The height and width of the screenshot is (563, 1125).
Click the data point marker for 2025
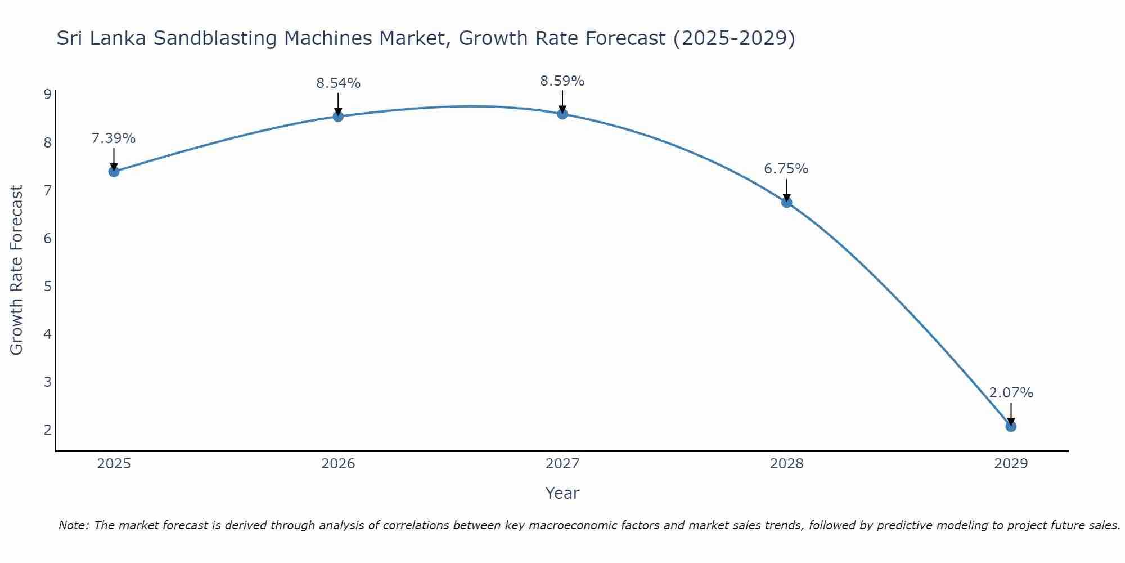coord(114,172)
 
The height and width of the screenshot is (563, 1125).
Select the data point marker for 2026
coord(338,117)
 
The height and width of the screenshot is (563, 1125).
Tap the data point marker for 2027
coord(562,114)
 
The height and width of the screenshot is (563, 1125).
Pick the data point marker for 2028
coord(786,203)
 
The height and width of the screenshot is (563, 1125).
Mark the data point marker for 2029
coord(1011,427)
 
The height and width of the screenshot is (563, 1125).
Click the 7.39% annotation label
coord(114,138)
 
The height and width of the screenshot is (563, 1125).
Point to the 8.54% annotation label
coord(338,83)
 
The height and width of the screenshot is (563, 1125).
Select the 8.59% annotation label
coord(562,81)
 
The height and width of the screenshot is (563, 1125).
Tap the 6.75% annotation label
coord(786,169)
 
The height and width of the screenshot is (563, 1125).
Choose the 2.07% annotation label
coord(1011,393)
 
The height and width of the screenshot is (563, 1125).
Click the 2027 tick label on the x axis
coord(562,464)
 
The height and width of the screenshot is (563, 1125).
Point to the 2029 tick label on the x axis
coord(1011,464)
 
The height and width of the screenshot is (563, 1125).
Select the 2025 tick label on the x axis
coord(114,464)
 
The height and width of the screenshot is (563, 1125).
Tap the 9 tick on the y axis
coord(47,95)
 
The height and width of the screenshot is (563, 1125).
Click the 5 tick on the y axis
coord(47,286)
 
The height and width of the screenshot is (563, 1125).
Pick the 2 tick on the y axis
coord(47,430)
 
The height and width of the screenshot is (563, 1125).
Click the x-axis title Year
coord(562,493)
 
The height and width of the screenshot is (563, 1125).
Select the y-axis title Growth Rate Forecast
coord(17,270)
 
